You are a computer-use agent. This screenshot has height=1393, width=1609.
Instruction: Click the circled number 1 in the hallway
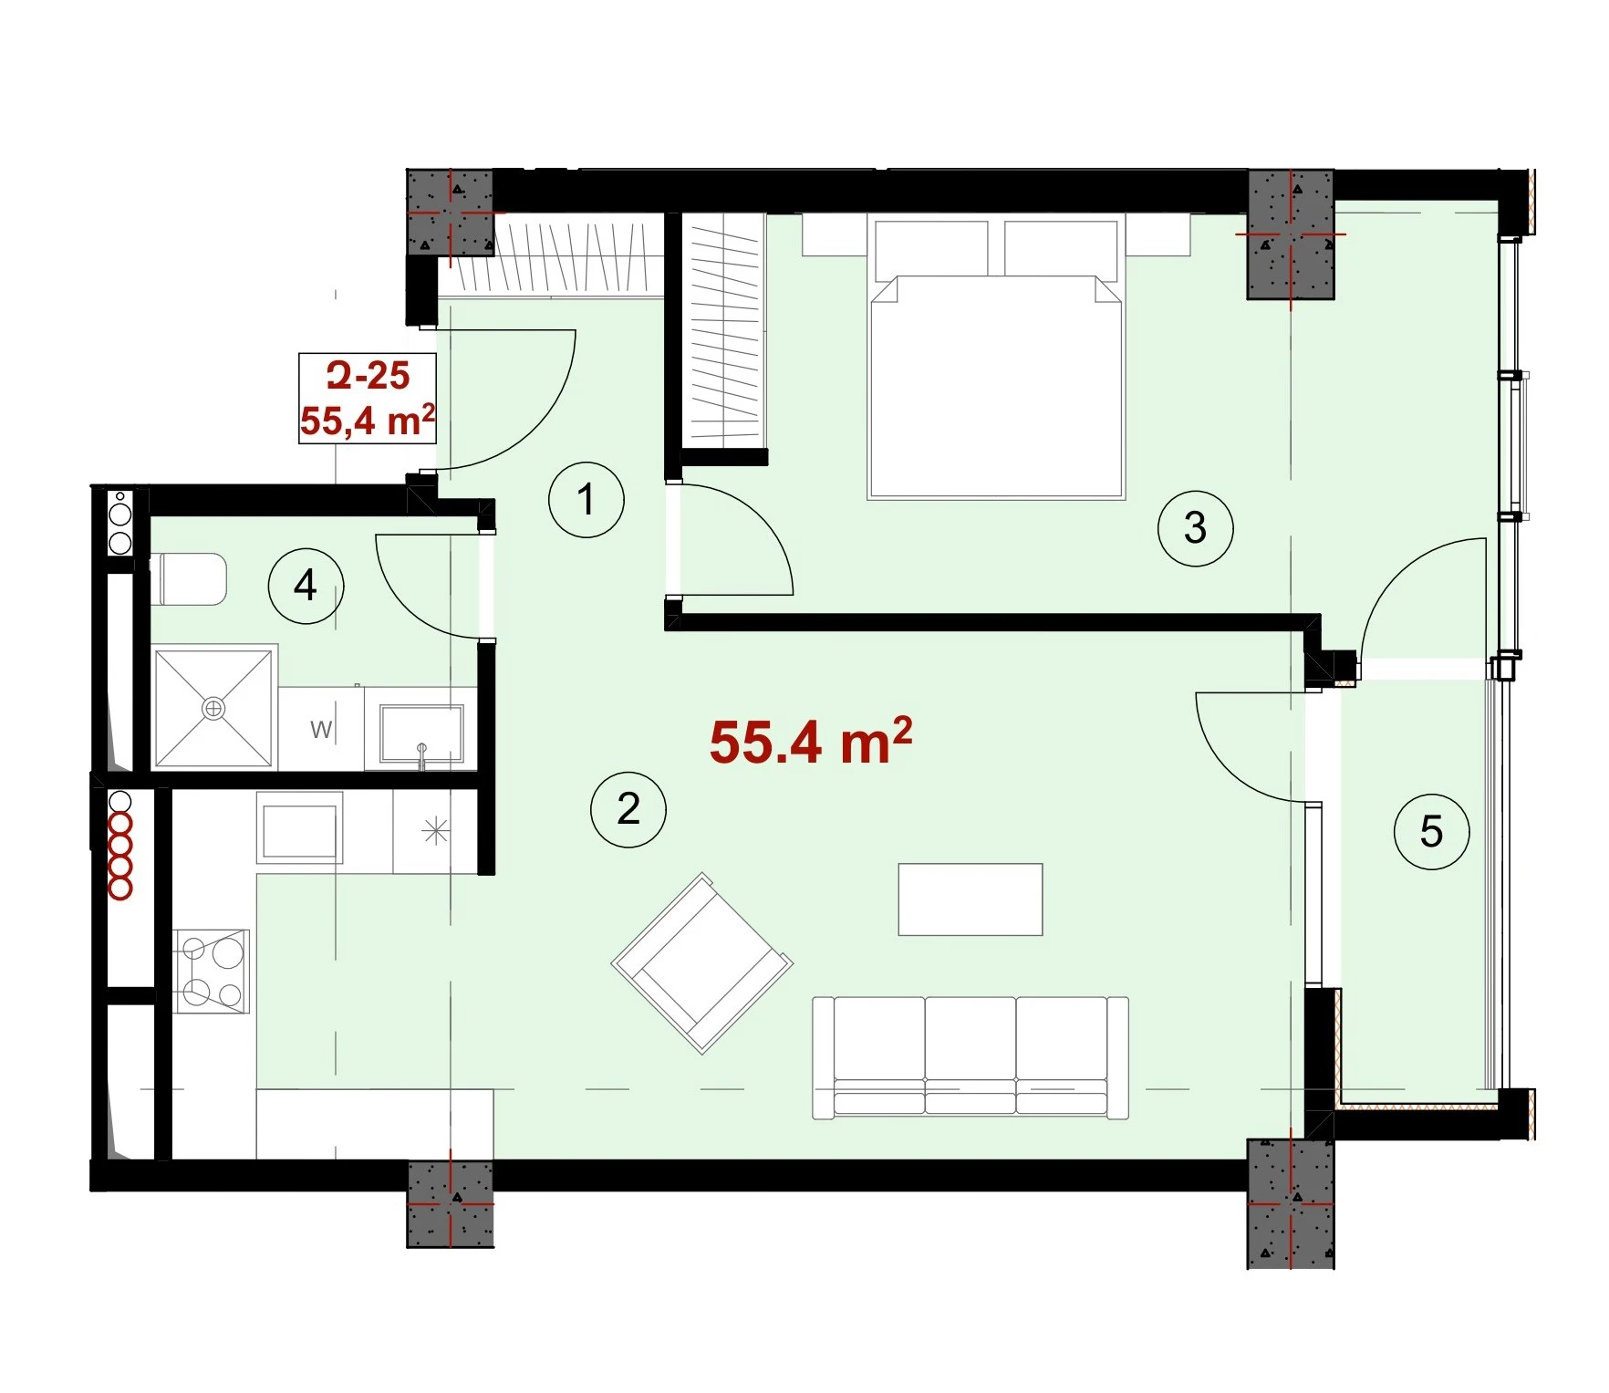587,499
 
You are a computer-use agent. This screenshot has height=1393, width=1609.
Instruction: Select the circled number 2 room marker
628,809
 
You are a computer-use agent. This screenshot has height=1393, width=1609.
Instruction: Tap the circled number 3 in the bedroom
1195,528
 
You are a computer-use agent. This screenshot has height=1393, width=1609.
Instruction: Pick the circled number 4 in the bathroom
306,586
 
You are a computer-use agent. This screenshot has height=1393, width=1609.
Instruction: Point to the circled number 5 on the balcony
1431,831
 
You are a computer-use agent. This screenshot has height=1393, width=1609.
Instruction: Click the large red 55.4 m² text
811,741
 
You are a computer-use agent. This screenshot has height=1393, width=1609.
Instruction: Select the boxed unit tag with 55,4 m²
368,399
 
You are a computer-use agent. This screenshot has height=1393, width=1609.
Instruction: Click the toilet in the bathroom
190,578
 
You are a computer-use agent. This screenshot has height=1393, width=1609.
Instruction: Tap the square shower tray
214,708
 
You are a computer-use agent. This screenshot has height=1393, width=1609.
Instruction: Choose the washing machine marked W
321,729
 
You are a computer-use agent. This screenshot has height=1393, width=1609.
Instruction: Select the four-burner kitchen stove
212,971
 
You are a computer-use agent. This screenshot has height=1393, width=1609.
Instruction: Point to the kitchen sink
300,826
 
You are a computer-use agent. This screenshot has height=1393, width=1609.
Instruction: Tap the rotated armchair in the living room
702,963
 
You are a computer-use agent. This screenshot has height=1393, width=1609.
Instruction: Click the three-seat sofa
971,1057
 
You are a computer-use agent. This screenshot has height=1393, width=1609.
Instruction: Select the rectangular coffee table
971,899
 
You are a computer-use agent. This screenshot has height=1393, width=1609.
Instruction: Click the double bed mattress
996,387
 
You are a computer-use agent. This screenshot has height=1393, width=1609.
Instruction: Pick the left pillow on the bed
931,249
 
